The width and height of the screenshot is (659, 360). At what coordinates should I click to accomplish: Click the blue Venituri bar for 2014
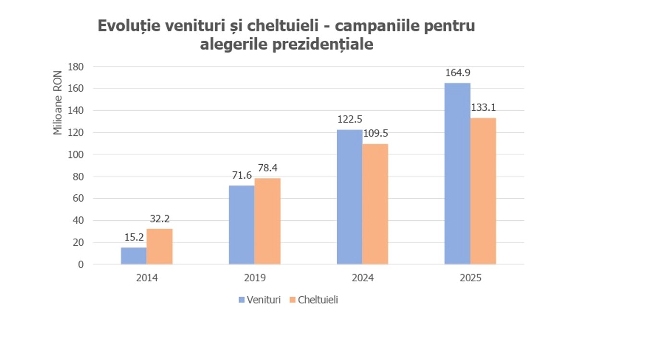(x=134, y=256)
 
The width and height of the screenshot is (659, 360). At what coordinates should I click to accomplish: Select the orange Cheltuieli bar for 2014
(x=159, y=246)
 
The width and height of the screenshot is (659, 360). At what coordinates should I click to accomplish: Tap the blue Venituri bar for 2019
(x=242, y=225)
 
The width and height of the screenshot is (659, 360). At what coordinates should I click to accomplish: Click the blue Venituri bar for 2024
(x=349, y=197)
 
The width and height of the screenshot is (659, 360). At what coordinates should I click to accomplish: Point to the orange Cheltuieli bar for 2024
(x=375, y=204)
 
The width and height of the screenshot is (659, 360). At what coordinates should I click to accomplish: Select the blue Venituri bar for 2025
(x=457, y=173)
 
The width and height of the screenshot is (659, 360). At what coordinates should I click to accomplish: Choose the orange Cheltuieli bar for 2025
(x=483, y=191)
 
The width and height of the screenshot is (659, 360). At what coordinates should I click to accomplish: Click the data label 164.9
(x=457, y=73)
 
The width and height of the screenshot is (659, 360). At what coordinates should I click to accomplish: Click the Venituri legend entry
(x=260, y=300)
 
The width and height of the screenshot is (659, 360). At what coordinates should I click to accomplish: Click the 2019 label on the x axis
(x=255, y=278)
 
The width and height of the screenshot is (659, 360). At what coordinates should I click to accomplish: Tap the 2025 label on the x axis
(x=470, y=278)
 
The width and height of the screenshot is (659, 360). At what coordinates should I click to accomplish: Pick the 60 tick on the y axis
(x=78, y=198)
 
